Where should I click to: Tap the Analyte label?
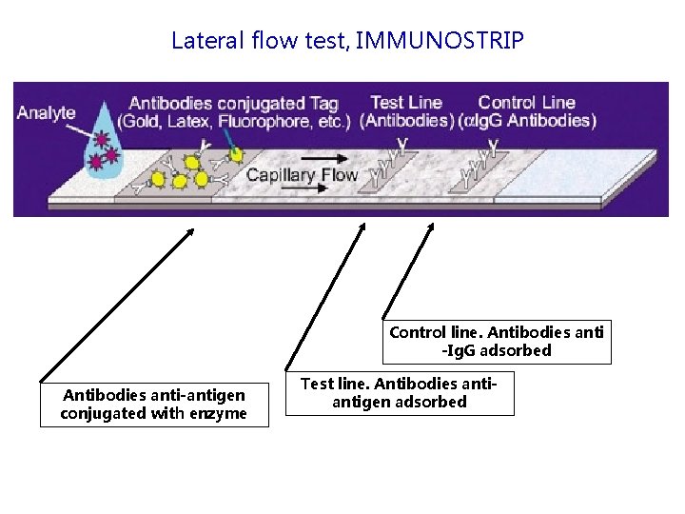(46, 112)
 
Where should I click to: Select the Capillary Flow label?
(302, 174)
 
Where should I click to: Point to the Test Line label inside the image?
(406, 103)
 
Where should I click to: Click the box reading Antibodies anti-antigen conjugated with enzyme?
(154, 404)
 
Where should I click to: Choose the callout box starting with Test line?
(400, 393)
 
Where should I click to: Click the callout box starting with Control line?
(497, 342)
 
